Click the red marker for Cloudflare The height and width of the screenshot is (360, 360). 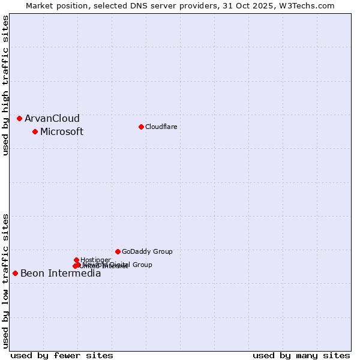(141, 127)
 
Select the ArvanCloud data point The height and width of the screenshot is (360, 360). (19, 118)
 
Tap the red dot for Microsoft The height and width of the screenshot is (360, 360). (35, 131)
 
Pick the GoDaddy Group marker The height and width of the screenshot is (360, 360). (118, 251)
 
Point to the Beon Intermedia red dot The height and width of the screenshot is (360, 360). (15, 273)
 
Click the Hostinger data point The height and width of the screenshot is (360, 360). (76, 260)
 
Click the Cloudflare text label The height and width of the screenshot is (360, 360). (161, 127)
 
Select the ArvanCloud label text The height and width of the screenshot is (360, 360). (52, 118)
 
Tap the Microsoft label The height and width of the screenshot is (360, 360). (62, 131)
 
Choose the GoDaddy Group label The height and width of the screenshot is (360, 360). (147, 251)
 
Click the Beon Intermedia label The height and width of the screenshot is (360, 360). (61, 274)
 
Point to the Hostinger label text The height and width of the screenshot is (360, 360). (95, 260)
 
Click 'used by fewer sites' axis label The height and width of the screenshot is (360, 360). (62, 355)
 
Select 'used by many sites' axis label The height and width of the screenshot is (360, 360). (301, 355)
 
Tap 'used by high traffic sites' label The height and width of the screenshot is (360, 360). (6, 85)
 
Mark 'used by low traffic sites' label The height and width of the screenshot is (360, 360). (6, 280)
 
